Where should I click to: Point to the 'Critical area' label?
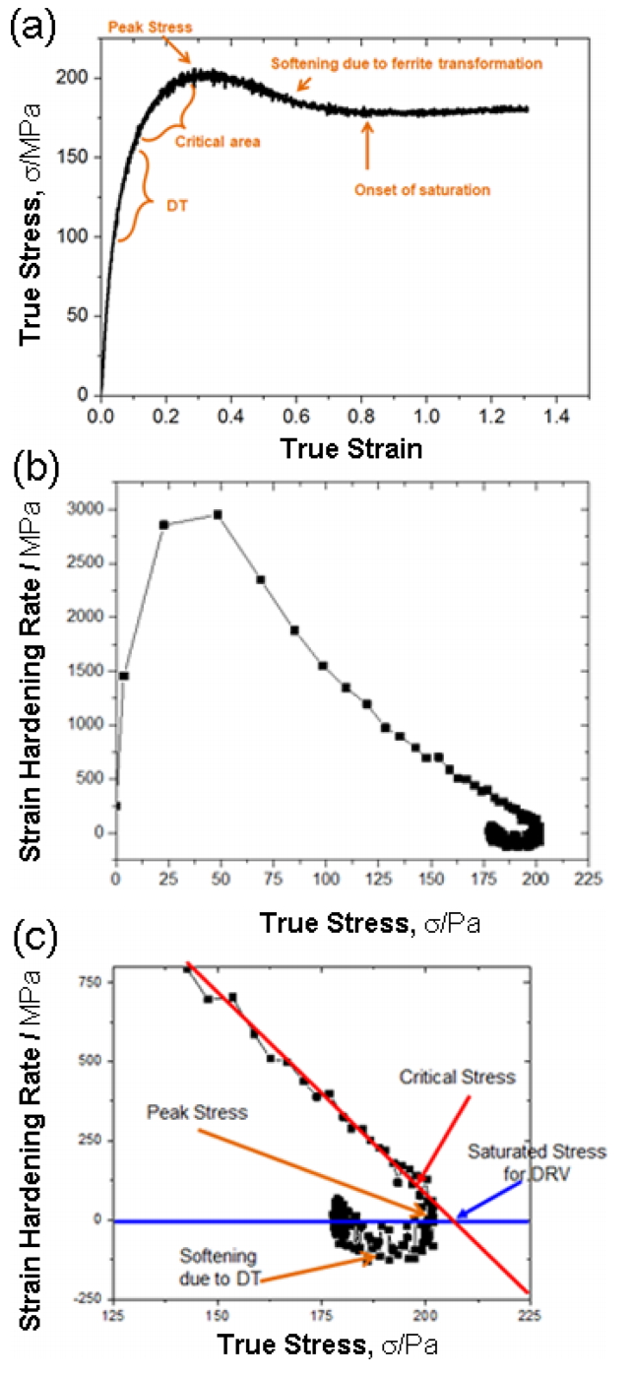point(218,141)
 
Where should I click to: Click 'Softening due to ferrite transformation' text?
point(406,64)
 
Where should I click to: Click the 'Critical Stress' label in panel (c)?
point(456,1078)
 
